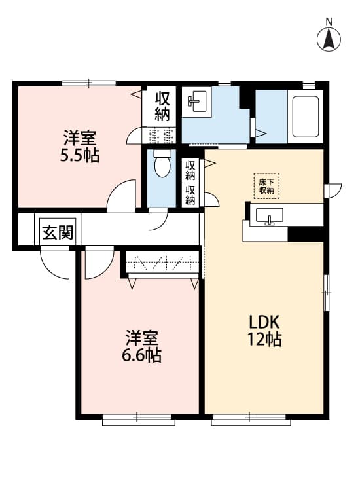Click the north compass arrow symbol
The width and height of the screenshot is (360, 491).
(329, 39)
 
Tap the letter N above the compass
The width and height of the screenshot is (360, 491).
(329, 22)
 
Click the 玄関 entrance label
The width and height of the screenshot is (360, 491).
(58, 232)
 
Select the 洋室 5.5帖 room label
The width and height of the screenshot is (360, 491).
(80, 146)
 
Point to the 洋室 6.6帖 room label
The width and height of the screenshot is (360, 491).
(142, 346)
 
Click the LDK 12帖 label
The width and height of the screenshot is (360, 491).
(264, 330)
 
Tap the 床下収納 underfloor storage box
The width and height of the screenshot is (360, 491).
(266, 186)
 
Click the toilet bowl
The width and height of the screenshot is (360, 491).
(162, 164)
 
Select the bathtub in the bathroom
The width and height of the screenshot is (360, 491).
(305, 117)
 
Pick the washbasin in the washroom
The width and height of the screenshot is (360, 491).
(197, 101)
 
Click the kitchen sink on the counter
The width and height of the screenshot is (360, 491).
(269, 216)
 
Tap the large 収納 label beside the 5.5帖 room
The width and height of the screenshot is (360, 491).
(162, 107)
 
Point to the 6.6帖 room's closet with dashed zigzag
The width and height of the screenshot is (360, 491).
(162, 263)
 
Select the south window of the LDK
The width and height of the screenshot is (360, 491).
(251, 420)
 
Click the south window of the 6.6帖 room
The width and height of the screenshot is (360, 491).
(138, 420)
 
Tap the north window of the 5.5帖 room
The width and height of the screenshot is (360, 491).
(89, 83)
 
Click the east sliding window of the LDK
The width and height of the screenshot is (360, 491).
(326, 293)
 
